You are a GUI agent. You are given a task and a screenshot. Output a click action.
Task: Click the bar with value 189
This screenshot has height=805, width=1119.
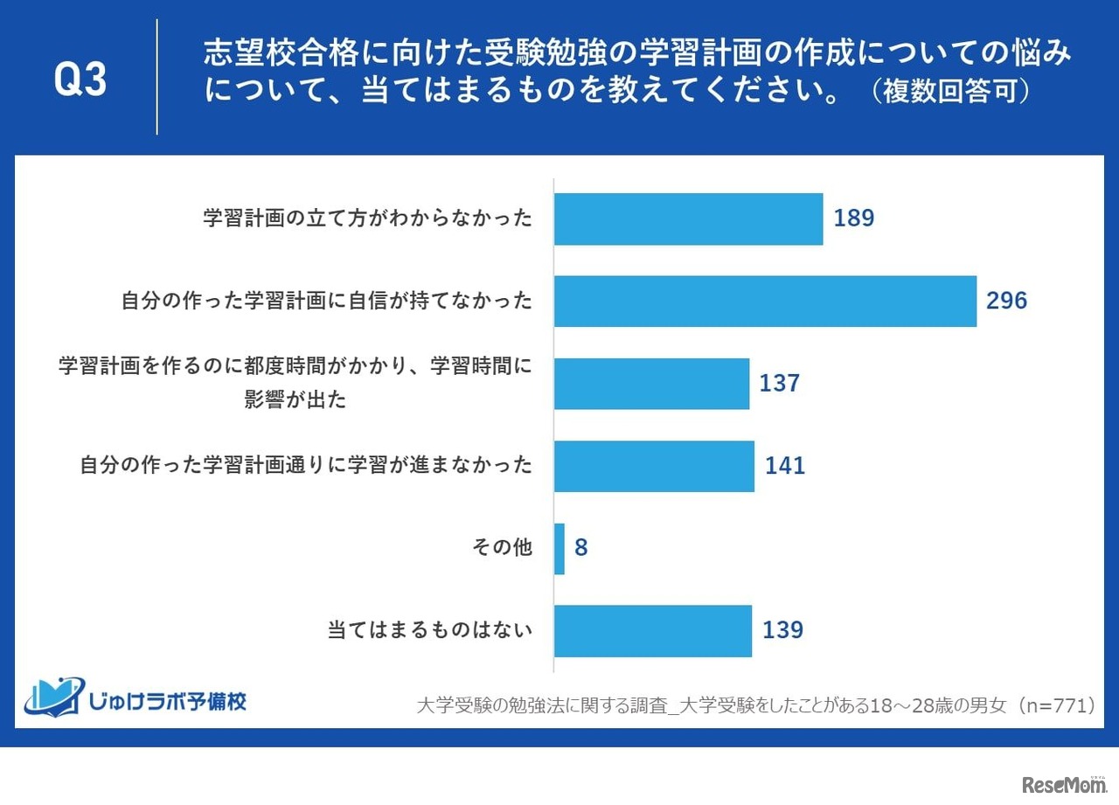(688, 219)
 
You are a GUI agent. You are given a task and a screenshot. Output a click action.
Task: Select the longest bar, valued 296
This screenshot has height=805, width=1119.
(765, 302)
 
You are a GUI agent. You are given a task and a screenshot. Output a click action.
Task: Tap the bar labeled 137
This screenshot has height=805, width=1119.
(651, 384)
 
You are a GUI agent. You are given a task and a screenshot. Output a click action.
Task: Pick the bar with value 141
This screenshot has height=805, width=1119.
(654, 466)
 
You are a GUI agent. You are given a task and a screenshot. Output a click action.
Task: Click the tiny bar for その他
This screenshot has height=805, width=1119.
(559, 548)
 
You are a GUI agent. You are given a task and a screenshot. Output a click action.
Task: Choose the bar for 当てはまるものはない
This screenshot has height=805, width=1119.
(653, 630)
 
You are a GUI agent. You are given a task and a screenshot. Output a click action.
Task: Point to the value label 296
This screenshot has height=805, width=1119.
(1006, 302)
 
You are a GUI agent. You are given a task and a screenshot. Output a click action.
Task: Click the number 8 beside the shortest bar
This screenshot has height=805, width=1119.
(581, 549)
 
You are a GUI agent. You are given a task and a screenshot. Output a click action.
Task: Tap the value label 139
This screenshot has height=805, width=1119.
(782, 630)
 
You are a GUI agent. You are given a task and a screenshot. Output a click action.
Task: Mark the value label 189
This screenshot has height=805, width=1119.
(854, 219)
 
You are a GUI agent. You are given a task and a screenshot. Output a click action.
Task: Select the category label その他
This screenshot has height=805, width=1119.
(501, 548)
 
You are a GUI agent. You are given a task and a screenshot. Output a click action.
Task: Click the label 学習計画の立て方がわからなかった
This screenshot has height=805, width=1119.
(367, 219)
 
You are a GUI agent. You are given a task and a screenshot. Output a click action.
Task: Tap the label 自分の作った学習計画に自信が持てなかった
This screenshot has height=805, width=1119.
(326, 302)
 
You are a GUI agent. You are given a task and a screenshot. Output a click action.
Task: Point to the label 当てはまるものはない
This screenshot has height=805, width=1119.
(429, 630)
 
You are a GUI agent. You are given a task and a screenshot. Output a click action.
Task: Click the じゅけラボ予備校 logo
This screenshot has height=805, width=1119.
(136, 696)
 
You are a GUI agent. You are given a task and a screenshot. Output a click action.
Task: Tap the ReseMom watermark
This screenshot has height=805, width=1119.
(1063, 784)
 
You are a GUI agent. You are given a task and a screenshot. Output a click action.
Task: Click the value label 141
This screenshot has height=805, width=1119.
(785, 466)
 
